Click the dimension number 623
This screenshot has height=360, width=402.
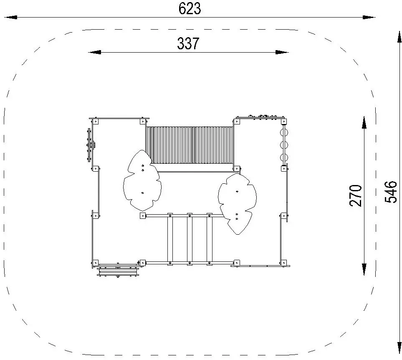click(x=190, y=8)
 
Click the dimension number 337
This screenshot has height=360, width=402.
click(x=188, y=43)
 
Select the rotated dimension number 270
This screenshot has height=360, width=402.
click(x=356, y=195)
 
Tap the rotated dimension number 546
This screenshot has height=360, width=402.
click(x=391, y=192)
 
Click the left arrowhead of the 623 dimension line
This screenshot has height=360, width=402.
click(x=11, y=17)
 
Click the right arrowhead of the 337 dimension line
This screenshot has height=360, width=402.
click(x=282, y=52)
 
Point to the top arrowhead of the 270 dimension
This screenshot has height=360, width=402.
click(x=364, y=122)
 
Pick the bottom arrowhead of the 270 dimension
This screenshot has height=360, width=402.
click(x=364, y=269)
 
